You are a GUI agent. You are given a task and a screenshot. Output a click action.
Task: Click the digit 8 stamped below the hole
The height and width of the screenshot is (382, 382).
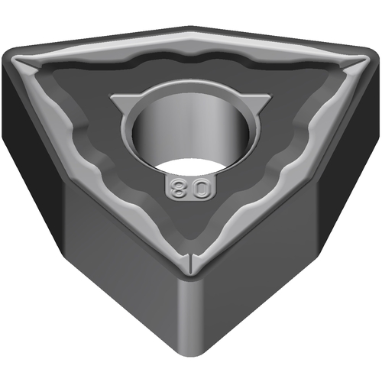click(177, 189)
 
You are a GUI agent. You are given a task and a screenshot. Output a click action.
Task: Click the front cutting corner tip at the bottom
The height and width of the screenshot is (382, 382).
click(190, 273)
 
